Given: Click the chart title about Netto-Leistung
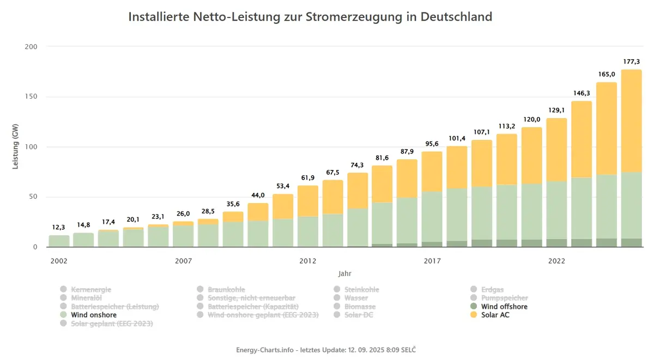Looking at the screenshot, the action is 310,17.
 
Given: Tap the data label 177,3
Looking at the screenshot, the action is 631,62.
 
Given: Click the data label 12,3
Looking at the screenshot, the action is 58,227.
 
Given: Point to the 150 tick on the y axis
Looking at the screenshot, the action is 31,96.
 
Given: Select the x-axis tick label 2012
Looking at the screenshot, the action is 308,261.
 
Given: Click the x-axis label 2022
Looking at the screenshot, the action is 556,261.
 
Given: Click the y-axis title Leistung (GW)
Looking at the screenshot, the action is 15,147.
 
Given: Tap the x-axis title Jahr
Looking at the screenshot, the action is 345,273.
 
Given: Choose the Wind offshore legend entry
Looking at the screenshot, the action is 499,307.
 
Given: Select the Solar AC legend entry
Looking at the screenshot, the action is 489,315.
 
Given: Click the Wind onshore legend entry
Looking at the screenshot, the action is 88,315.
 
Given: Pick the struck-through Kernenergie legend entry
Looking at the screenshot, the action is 86,289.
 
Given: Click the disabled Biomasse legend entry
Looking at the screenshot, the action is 354,307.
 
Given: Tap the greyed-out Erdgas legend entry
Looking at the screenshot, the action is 487,289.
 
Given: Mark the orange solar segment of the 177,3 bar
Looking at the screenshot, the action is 631,121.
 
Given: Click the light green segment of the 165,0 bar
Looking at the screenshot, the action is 607,206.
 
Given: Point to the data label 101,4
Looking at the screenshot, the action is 457,138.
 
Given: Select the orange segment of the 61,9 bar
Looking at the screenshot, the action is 308,201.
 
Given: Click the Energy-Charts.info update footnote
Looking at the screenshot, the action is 326,350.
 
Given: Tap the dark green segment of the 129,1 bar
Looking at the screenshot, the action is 556,243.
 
